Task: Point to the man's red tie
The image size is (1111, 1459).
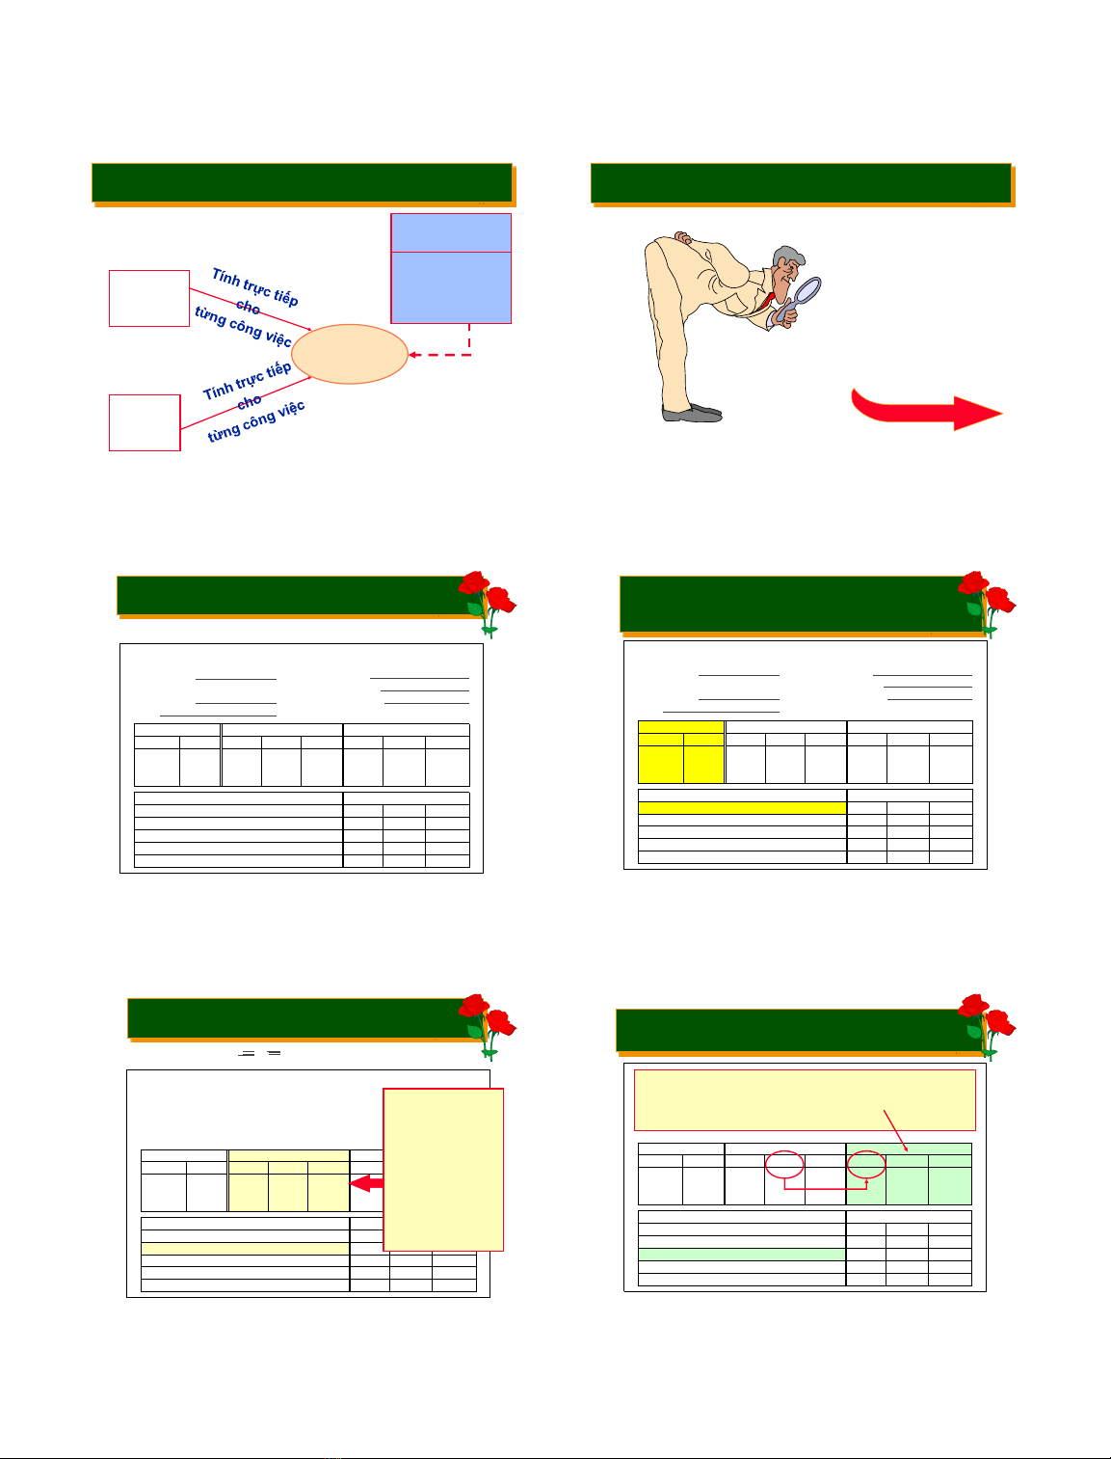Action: coord(767,301)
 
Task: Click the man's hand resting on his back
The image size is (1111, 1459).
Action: coord(682,237)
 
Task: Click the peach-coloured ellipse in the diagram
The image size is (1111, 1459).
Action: coord(350,354)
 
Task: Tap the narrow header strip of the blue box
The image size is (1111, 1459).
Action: coord(451,232)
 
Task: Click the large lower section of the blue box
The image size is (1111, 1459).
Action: coord(451,287)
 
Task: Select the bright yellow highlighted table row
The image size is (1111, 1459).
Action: coord(742,807)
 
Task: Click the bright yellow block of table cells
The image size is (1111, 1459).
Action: coord(680,752)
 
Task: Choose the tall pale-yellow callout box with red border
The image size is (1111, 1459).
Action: coord(443,1169)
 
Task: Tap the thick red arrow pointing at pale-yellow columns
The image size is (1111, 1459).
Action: coord(366,1183)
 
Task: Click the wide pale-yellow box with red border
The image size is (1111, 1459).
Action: coord(805,1100)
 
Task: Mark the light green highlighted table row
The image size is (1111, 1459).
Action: coord(741,1255)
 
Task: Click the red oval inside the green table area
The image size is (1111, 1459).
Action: coord(866,1165)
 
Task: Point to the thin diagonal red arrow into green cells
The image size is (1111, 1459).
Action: coord(895,1131)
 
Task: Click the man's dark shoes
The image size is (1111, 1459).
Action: coord(692,413)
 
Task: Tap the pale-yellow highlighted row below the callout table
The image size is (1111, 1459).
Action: coord(245,1248)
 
